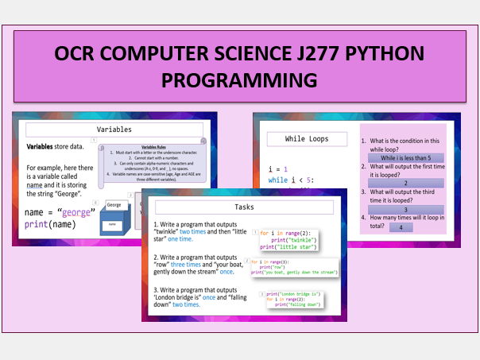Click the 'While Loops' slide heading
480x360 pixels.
(307, 139)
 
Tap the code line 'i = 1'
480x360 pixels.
(279, 168)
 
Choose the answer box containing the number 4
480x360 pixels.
(401, 227)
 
